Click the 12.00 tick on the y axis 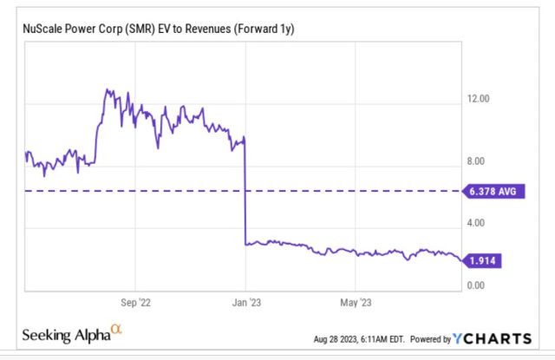tap(479, 99)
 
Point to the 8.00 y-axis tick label tap(479, 161)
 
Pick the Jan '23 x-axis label tap(245, 303)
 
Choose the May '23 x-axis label tap(355, 303)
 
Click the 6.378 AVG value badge tap(493, 191)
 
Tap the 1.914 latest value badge tap(487, 259)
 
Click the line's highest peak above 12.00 tap(106, 89)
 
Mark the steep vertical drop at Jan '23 tap(245, 191)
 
